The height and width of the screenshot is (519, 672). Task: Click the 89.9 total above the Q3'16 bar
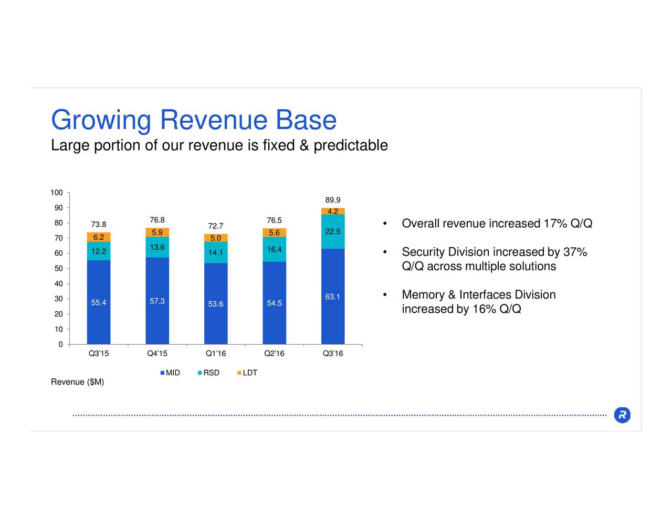point(332,200)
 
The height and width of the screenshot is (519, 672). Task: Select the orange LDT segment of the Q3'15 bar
point(99,237)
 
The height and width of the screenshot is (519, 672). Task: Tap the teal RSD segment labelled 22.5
point(332,231)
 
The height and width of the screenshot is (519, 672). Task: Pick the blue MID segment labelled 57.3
point(157,301)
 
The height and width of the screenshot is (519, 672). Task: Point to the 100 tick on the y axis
point(57,193)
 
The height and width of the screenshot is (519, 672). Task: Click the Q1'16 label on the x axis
point(215,353)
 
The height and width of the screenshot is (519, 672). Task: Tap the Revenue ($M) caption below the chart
point(77,382)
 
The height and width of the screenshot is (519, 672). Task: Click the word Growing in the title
point(101,120)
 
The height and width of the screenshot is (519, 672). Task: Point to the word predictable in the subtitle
point(350,145)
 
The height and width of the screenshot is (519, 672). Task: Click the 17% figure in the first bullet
point(555,224)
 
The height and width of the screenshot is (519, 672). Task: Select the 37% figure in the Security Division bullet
point(575,252)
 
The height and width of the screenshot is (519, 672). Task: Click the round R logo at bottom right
point(622,415)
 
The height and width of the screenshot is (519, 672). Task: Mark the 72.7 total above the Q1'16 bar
point(215,226)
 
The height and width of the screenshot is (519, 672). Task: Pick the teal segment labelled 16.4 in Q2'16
point(274,249)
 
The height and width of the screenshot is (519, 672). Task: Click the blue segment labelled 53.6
point(215,304)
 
